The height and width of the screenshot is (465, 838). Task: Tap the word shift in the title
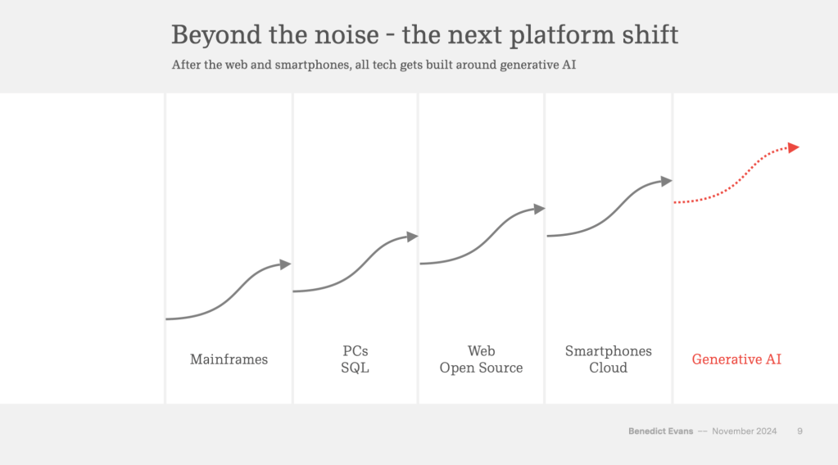tap(652, 35)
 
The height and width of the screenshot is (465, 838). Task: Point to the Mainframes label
tap(229, 359)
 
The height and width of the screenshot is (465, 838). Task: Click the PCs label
tap(355, 351)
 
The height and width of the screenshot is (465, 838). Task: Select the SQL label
tap(355, 368)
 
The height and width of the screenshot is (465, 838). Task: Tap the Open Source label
tap(481, 368)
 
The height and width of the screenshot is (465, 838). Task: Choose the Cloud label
tap(608, 368)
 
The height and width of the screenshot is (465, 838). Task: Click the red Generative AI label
tap(736, 359)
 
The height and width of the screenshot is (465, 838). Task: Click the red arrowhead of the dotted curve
tap(793, 147)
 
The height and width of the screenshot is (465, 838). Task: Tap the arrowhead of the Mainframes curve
tap(285, 264)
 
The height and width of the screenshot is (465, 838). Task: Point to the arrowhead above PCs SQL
tap(412, 237)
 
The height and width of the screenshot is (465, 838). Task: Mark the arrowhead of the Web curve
tap(539, 209)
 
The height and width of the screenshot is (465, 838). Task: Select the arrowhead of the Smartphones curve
tap(666, 181)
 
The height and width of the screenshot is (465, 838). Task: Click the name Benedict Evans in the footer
tap(659, 431)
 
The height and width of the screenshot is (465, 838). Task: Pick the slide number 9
tap(799, 431)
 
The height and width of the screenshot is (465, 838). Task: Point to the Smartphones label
tap(608, 351)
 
